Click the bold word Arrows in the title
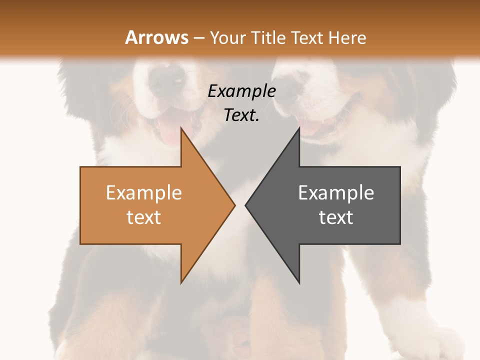pyautogui.click(x=156, y=37)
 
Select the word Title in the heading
pyautogui.click(x=268, y=37)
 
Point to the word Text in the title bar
pyautogui.click(x=306, y=37)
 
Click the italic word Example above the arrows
pyautogui.click(x=241, y=91)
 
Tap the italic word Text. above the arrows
pyautogui.click(x=241, y=115)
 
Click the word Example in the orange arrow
pyautogui.click(x=144, y=192)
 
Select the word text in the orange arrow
pyautogui.click(x=144, y=217)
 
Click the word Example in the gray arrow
pyautogui.click(x=336, y=192)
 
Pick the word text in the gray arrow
pyautogui.click(x=336, y=217)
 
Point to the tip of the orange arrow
pyautogui.click(x=234, y=205)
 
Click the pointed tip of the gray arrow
pyautogui.click(x=245, y=205)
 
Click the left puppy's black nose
pyautogui.click(x=167, y=75)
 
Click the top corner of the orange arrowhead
pyautogui.click(x=181, y=127)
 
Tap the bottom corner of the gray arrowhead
pyautogui.click(x=299, y=283)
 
